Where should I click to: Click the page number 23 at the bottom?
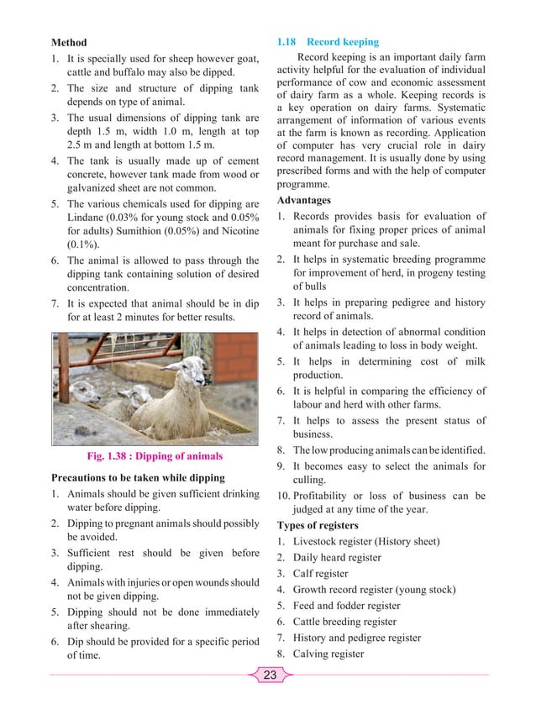(269, 675)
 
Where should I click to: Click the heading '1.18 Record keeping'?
(328, 42)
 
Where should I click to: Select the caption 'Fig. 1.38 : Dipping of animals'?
(155, 456)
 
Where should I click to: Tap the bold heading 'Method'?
(69, 42)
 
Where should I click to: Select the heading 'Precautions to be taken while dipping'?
(138, 477)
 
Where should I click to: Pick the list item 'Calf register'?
(320, 574)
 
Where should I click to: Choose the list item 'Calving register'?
(328, 654)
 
